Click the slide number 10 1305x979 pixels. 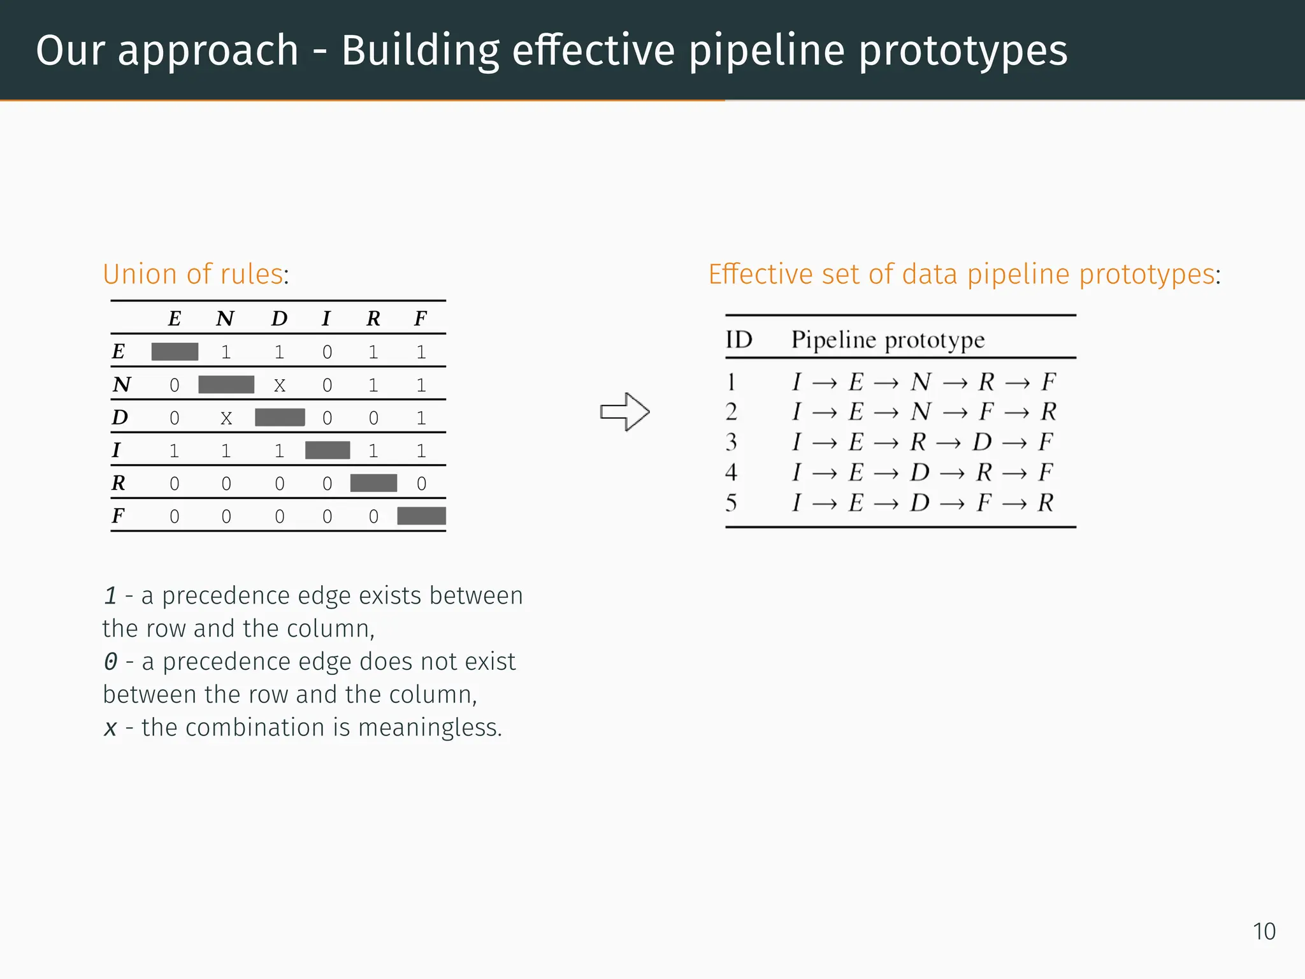[1264, 931]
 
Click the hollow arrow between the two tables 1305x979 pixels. [624, 412]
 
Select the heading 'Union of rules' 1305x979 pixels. [193, 274]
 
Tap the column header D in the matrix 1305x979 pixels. [279, 318]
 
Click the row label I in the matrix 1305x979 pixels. [116, 451]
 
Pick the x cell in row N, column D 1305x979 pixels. [279, 385]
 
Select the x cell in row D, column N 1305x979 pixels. [226, 418]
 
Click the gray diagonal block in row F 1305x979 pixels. [421, 516]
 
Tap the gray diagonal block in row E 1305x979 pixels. [175, 352]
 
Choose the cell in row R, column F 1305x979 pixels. [421, 484]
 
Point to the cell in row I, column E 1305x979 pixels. [174, 451]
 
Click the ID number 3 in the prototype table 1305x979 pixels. [732, 442]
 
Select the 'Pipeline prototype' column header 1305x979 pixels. [888, 340]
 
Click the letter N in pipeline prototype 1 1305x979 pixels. [920, 382]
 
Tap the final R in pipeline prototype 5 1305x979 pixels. [1045, 503]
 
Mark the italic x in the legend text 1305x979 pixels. [110, 727]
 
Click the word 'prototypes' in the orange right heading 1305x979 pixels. [1147, 274]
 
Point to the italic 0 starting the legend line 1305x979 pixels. [110, 662]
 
